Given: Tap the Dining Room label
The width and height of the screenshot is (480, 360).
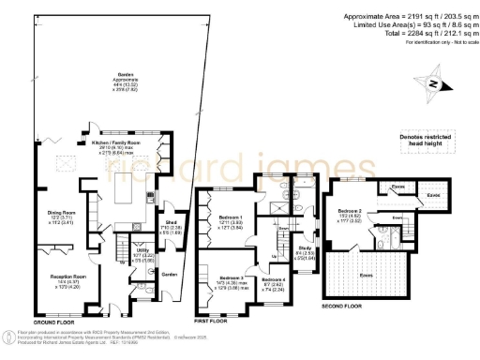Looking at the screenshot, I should click(62, 213).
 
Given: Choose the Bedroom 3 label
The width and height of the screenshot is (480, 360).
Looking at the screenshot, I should click(231, 278).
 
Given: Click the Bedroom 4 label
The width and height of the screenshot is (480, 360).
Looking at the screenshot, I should click(273, 280).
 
